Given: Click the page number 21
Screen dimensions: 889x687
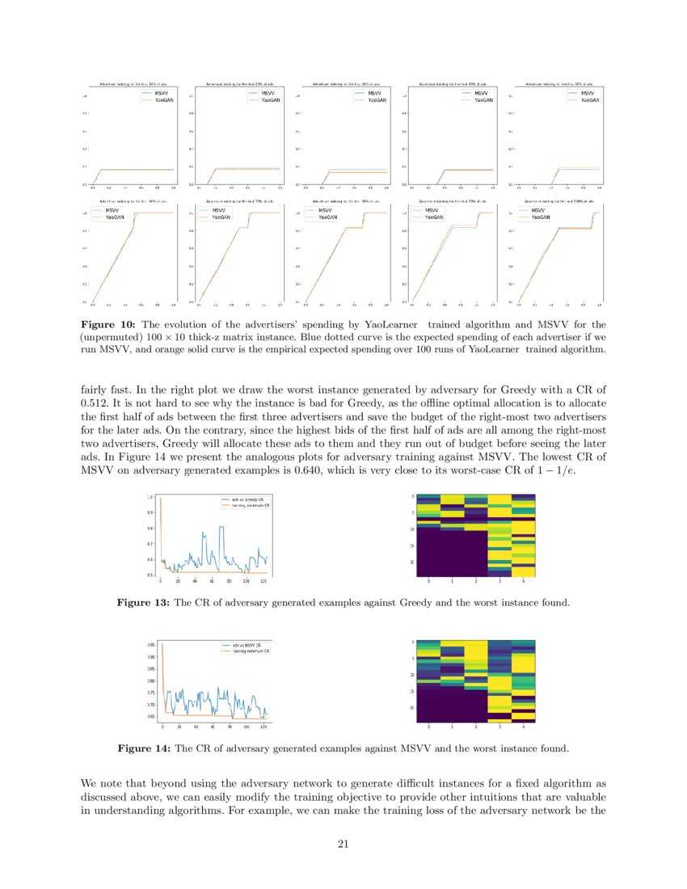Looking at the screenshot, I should click(343, 845).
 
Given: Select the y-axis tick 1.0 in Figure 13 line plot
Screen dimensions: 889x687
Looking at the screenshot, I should click(149, 497).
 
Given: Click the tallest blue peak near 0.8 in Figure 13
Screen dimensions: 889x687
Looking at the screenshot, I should click(219, 528).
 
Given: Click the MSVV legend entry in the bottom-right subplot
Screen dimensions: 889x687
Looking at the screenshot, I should click(538, 211).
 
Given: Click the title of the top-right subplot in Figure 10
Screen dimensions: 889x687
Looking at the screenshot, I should click(559, 83).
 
